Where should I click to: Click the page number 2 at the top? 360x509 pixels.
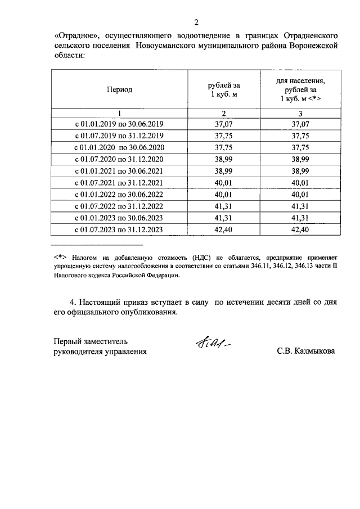(x=196, y=22)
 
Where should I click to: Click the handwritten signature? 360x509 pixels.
(x=213, y=344)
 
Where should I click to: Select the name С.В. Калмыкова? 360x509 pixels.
(x=306, y=351)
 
